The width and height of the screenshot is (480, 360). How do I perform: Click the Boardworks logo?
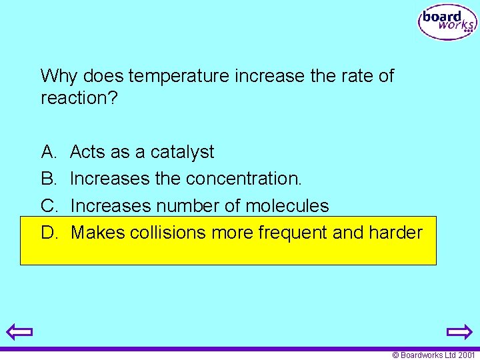coord(447,23)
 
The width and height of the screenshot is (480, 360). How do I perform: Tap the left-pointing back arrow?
coord(20,331)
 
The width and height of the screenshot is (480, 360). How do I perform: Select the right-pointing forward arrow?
coord(459,331)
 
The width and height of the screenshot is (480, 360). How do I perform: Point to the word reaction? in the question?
coord(77,98)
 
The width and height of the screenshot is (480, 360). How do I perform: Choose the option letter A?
coord(49,152)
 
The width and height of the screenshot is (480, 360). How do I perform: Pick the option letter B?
coord(49,179)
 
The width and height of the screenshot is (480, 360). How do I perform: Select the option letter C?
coord(49,206)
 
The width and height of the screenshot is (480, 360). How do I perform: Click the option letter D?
coord(49,233)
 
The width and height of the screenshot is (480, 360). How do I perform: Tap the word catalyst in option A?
coord(182,153)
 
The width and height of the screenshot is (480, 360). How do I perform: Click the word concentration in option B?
coord(242,179)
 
